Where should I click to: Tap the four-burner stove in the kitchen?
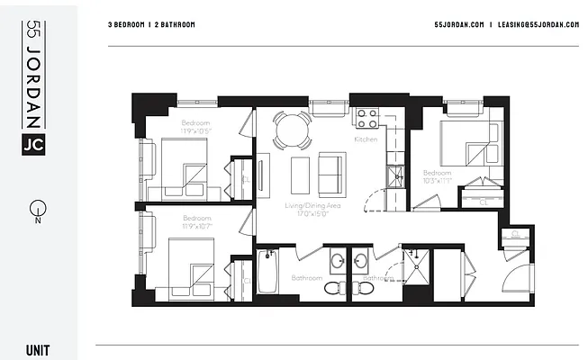pos(366,117)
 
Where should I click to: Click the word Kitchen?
pos(366,139)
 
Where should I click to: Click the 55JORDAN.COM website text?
pos(458,24)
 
